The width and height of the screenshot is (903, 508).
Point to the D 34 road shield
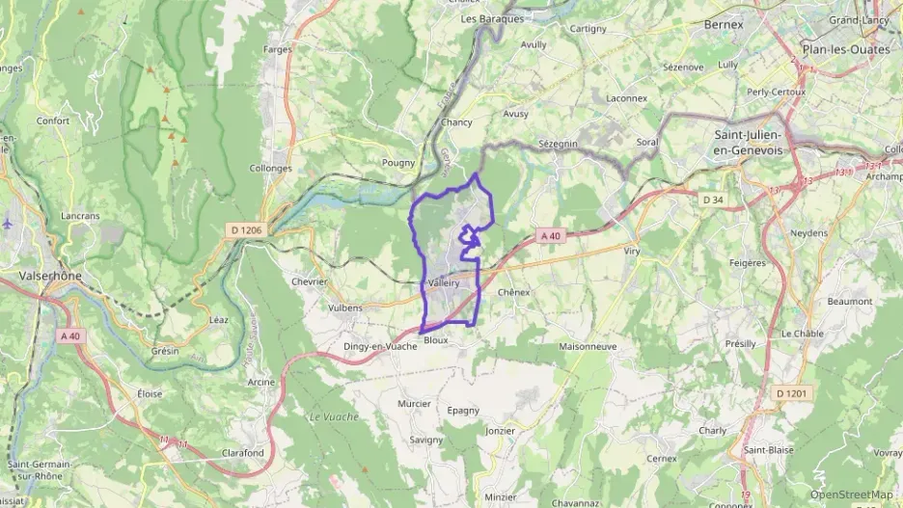(713, 200)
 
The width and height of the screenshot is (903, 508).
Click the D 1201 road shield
(793, 393)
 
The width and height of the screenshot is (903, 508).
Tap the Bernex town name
(724, 24)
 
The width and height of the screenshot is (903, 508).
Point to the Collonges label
(271, 168)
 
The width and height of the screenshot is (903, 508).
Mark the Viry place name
(632, 251)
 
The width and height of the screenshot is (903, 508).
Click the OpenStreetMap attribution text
(851, 495)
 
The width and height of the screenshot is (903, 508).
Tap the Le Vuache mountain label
(334, 416)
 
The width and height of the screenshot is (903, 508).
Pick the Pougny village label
(398, 163)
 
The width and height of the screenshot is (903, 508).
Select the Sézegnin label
(558, 143)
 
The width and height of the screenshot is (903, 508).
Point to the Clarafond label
(243, 452)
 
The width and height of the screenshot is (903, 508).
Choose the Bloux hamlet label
(436, 340)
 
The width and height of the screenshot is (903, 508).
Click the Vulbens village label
(345, 307)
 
